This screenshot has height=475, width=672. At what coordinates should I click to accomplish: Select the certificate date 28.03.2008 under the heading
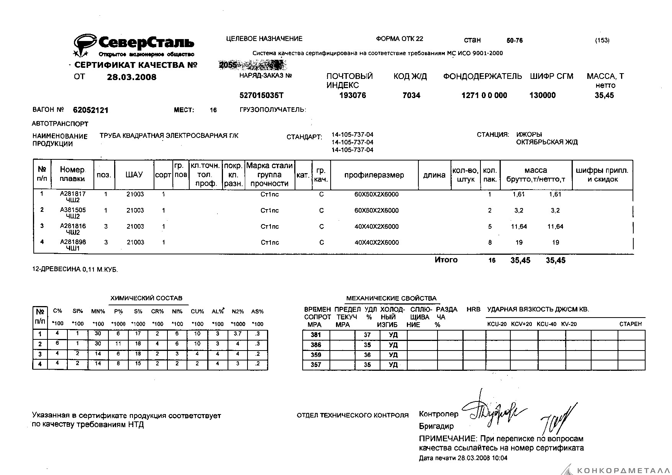131,77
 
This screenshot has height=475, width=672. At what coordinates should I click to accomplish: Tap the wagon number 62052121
91,110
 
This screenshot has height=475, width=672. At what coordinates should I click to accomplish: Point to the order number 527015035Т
261,95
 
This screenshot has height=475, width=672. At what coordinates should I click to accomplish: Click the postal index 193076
352,95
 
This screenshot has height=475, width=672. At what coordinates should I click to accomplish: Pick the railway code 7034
411,95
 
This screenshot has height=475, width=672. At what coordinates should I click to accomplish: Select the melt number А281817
73,194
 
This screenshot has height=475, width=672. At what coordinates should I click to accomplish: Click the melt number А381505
73,210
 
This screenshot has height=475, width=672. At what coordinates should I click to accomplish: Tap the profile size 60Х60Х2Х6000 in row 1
376,194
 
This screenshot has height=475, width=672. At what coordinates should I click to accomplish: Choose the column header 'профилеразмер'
374,175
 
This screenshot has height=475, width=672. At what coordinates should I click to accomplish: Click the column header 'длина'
434,175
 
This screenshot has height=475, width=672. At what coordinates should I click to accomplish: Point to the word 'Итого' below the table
446,260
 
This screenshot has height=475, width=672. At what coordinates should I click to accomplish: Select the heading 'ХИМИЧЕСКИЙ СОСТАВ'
146,298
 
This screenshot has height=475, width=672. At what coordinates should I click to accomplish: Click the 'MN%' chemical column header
98,311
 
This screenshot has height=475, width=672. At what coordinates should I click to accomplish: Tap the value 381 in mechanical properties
316,335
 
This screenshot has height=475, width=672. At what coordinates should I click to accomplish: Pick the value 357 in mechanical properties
316,365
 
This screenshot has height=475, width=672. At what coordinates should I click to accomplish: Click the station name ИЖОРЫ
529,134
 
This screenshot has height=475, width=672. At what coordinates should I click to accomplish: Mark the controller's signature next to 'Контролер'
494,410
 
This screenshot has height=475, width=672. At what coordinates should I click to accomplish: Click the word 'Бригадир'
436,426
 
